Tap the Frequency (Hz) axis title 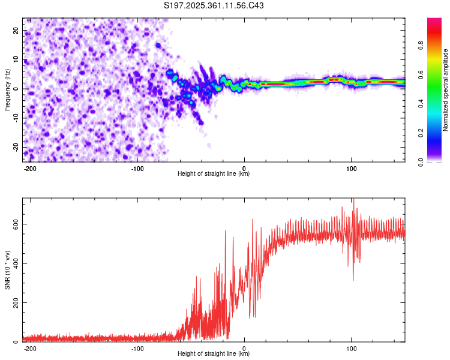(7, 90)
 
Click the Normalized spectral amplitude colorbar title (446, 90)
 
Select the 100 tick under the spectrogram (351, 168)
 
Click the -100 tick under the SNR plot (137, 348)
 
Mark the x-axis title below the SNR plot (214, 354)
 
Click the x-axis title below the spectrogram (214, 174)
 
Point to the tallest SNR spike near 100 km (353, 200)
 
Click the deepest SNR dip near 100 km (353, 280)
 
